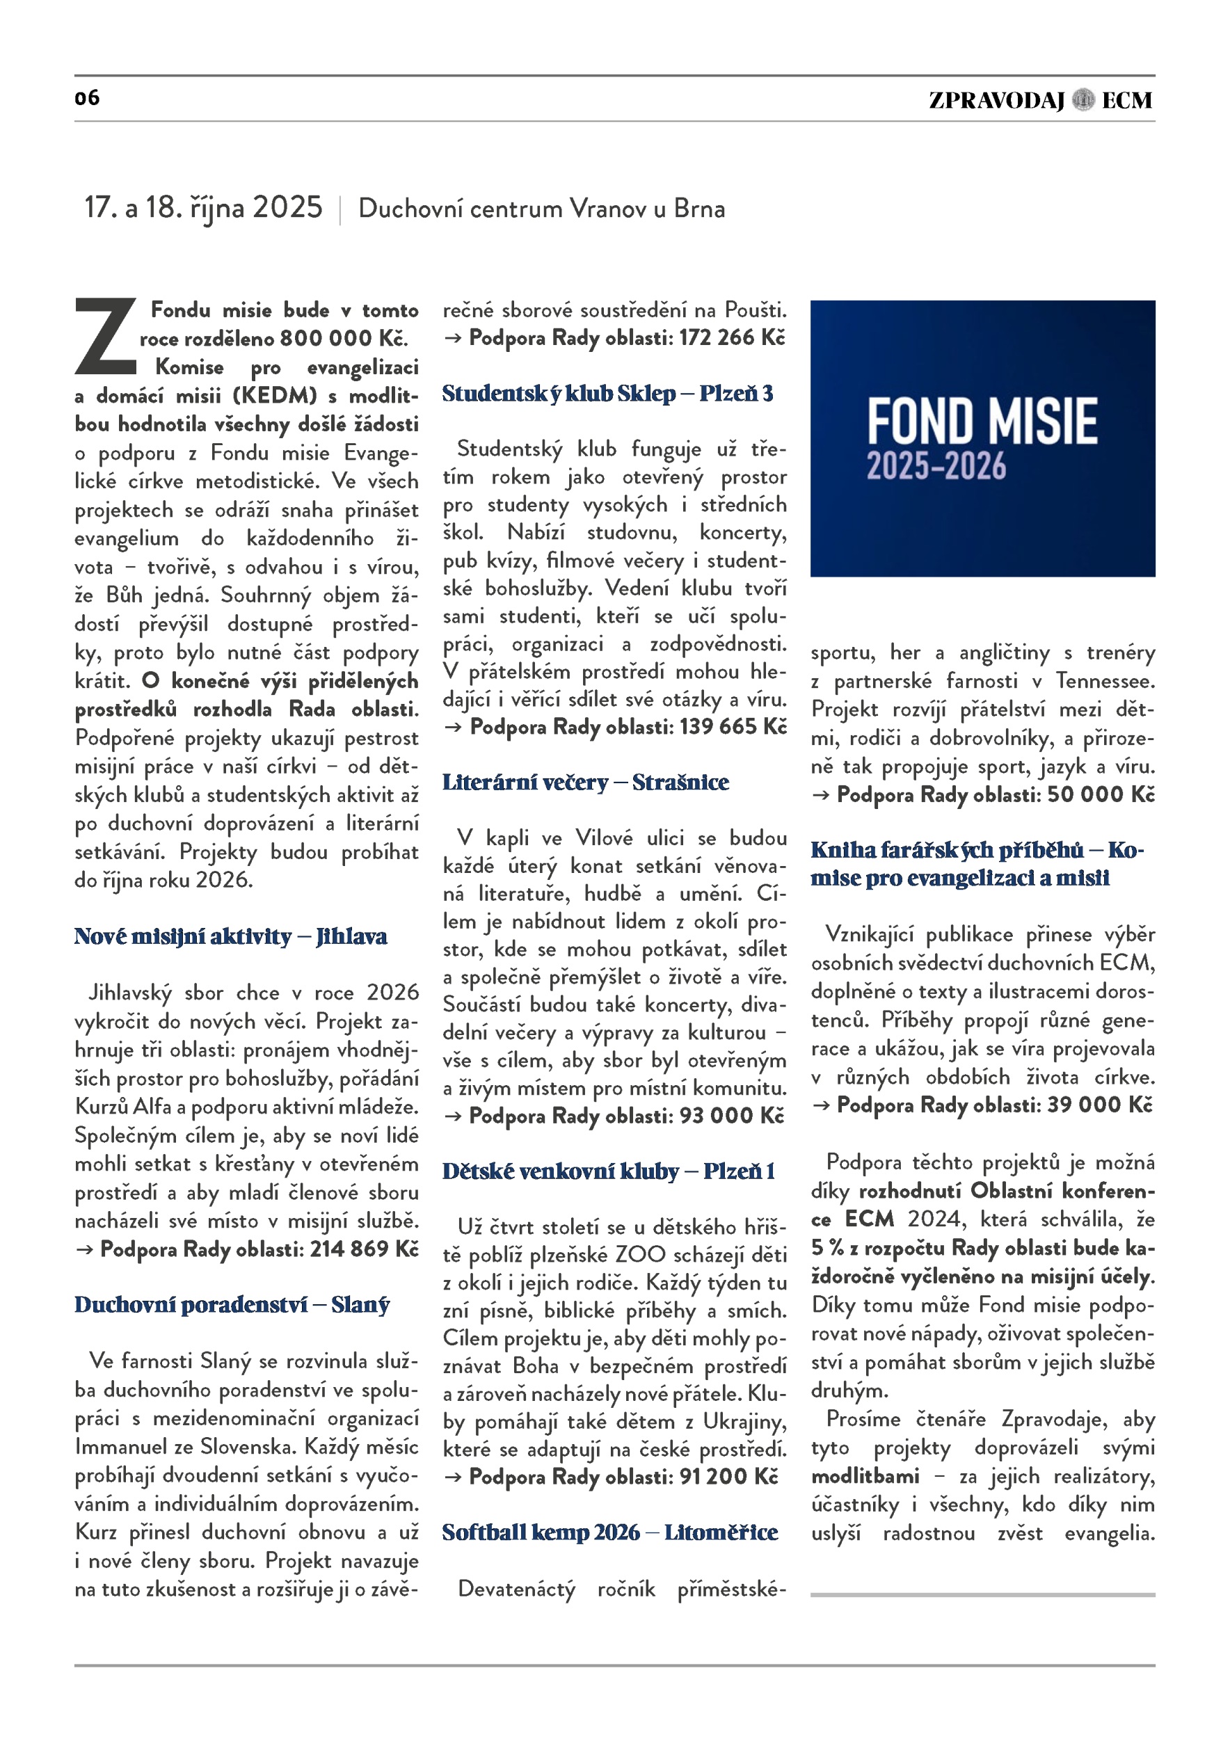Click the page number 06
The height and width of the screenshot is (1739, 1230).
87,97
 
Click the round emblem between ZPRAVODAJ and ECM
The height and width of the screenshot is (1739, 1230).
1083,100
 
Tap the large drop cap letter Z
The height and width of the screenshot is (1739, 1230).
106,337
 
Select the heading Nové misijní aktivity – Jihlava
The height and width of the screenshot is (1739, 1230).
230,937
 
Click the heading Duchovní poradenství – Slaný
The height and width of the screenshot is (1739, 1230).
232,1305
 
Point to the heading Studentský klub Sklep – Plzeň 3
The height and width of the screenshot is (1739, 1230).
607,394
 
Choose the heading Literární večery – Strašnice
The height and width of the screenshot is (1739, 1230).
586,783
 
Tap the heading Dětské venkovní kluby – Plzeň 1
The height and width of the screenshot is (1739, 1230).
609,1171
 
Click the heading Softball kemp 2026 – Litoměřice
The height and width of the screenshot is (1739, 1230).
609,1533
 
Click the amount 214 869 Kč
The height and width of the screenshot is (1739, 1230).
365,1249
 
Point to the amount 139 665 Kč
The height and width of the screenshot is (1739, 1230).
733,727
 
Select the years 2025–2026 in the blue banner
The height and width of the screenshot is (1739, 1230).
936,467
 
